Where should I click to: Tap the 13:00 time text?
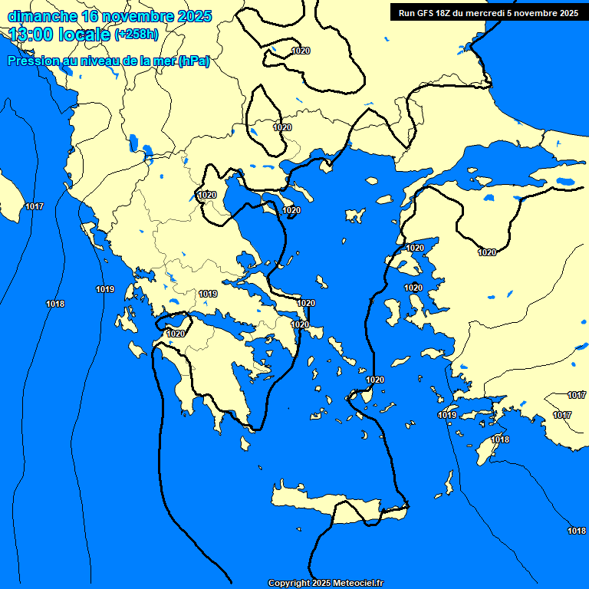tap(31, 35)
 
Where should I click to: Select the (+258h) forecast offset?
tap(137, 35)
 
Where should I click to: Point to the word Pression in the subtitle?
tap(33, 61)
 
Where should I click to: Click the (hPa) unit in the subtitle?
tap(193, 61)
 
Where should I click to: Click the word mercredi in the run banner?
tap(490, 12)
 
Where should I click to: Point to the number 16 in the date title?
tap(90, 16)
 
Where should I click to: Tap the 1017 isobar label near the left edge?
tap(35, 207)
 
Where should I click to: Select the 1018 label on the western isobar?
tap(55, 304)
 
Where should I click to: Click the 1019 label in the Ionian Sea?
tap(105, 289)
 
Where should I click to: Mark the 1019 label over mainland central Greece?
tap(208, 294)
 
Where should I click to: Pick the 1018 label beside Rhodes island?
tap(500, 439)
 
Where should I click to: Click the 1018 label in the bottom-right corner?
tap(577, 531)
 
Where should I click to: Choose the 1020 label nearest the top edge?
tap(301, 51)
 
